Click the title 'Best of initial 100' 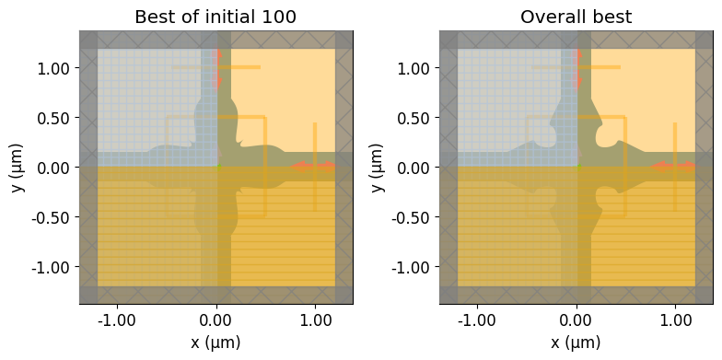pyautogui.click(x=215, y=17)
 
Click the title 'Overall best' pyautogui.click(x=576, y=17)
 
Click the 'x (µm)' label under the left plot pyautogui.click(x=215, y=343)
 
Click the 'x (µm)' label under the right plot pyautogui.click(x=576, y=343)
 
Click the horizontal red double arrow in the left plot pyautogui.click(x=313, y=167)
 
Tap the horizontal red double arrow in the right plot pyautogui.click(x=672, y=167)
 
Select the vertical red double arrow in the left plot pyautogui.click(x=217, y=68)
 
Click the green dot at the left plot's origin pyautogui.click(x=219, y=168)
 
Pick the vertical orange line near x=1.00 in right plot pyautogui.click(x=675, y=167)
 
